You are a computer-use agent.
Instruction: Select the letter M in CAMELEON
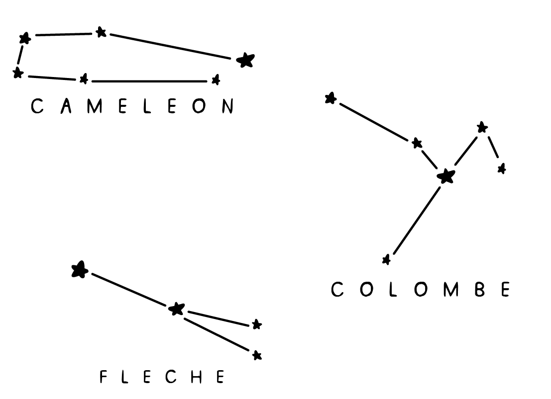94,106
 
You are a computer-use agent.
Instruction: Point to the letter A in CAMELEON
66,106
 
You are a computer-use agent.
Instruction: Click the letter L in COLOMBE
393,289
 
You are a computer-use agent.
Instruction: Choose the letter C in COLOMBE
337,289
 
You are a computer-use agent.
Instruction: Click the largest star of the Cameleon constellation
245,60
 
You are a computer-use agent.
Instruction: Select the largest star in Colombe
446,175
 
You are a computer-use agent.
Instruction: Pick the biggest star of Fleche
80,270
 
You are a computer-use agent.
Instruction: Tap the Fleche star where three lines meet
176,309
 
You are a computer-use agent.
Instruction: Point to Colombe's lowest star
386,259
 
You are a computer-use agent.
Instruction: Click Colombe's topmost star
330,98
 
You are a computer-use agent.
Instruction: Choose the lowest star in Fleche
257,355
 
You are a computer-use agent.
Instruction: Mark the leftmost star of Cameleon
18,73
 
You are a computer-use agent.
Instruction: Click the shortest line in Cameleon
21,55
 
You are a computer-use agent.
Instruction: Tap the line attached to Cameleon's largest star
170,47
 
